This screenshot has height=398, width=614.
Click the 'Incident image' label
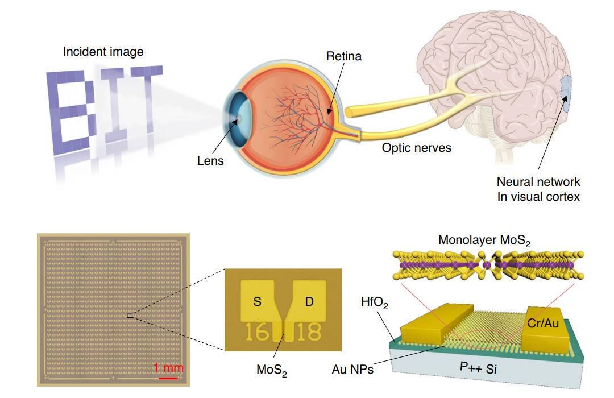(103, 52)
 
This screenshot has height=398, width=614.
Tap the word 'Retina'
(343, 56)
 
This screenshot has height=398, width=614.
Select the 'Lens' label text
(210, 161)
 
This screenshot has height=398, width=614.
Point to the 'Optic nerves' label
(416, 148)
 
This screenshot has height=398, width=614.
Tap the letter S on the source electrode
(258, 302)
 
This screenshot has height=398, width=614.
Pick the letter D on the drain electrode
(309, 302)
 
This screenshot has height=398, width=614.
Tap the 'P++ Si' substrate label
(478, 367)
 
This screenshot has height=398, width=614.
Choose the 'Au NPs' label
(352, 370)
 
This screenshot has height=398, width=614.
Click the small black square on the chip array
(130, 314)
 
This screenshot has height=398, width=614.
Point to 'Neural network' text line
(538, 182)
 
